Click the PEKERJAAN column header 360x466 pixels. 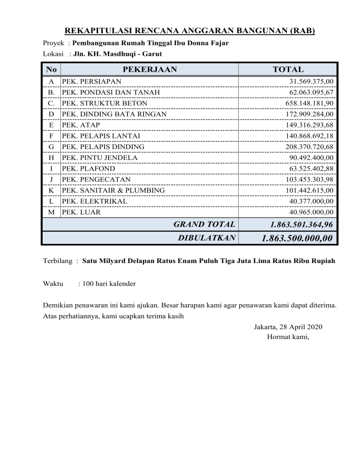[150, 69]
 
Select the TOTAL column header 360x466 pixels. [288, 69]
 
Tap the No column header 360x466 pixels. [51, 69]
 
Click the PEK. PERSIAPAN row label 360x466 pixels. [91, 82]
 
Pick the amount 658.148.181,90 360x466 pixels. [309, 103]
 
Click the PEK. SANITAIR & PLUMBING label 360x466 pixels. [113, 190]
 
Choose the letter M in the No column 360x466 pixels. [51, 212]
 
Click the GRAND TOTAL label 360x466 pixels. [204, 225]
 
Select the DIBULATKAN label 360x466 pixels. [207, 238]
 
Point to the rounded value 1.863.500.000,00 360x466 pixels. [297, 238]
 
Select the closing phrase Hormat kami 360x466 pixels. [288, 336]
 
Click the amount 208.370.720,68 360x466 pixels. [309, 147]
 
